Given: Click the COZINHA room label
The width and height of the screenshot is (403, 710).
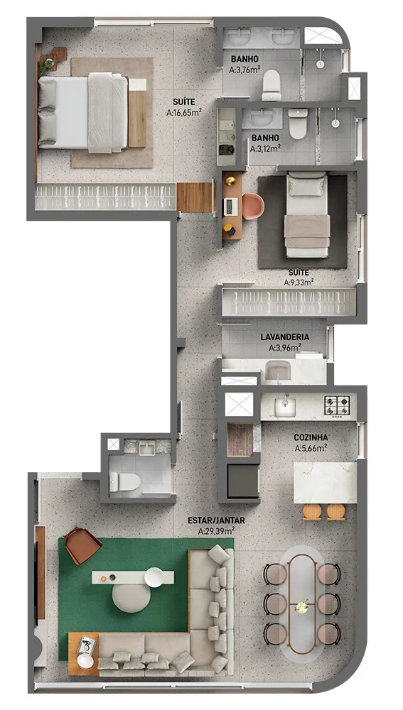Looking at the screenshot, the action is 311,437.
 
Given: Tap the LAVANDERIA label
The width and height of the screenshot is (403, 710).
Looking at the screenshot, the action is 285,337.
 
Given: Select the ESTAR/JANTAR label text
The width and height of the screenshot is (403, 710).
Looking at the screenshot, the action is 216,520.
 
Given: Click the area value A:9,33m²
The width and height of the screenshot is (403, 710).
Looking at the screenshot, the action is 299,283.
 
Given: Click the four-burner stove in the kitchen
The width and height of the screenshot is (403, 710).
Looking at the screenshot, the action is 337,405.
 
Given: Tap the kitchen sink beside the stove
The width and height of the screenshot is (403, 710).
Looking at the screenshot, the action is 285,405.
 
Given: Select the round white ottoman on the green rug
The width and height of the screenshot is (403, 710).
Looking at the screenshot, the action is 131,597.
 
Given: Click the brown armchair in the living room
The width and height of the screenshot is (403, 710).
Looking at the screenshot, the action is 82,545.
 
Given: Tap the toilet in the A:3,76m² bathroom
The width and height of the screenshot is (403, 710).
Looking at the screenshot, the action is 272,84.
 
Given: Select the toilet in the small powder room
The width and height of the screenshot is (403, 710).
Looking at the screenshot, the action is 124,481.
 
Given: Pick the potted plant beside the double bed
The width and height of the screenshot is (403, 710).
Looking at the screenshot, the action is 48,62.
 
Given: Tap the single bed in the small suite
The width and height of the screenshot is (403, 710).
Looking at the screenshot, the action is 307,216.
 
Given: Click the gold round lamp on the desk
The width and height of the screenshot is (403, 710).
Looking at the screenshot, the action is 230,181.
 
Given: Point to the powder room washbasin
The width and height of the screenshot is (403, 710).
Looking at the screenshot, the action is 148,448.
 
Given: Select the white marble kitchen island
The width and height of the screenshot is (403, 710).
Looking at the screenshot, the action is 325,483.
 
